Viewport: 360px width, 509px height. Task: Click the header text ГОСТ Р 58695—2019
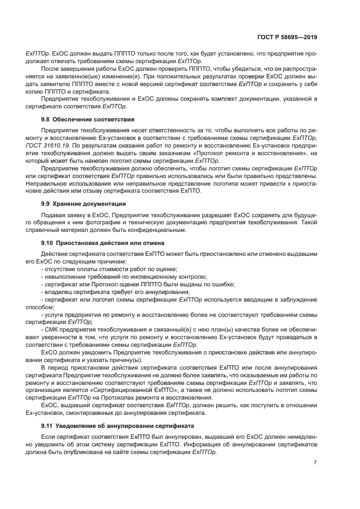[x=287, y=38]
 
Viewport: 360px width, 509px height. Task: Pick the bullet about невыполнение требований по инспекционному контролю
[x=124, y=277]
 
